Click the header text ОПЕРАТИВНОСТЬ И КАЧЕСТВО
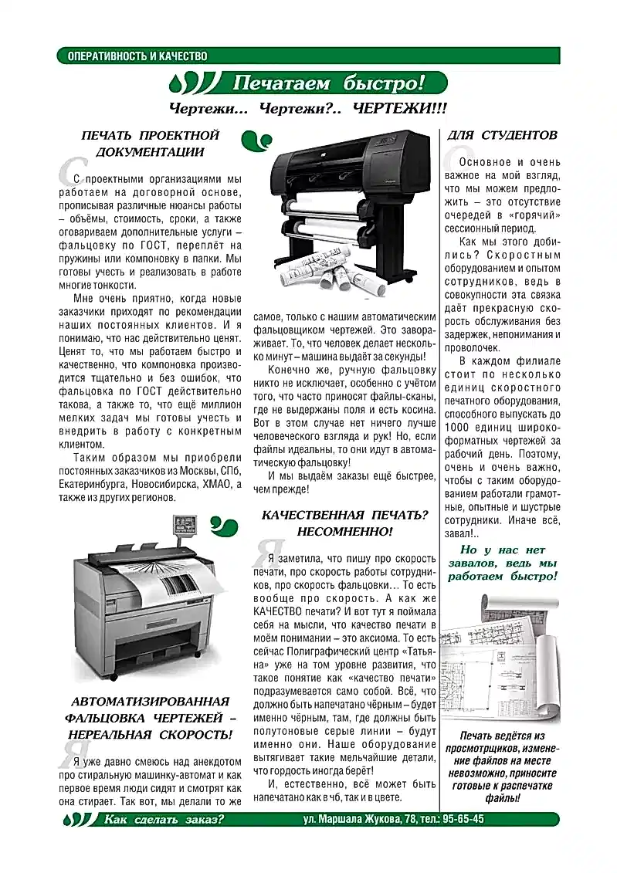click(137, 56)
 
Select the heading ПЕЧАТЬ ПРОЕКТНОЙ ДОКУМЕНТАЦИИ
click(150, 144)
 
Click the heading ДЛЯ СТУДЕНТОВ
click(502, 135)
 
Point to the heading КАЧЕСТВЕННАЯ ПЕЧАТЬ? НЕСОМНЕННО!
click(344, 523)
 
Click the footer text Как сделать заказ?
click(164, 819)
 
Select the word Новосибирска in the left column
click(162, 484)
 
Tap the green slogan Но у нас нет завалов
click(502, 563)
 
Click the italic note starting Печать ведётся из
click(502, 766)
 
